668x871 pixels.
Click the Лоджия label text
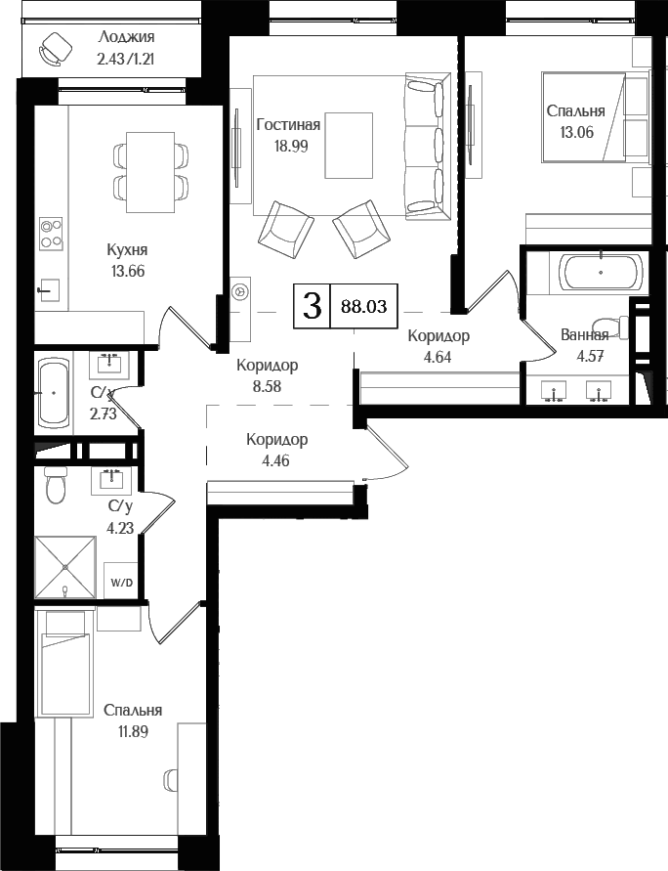click(x=127, y=37)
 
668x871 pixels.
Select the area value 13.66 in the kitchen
click(x=127, y=271)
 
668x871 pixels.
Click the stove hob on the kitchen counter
click(x=51, y=233)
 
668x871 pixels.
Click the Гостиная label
click(x=288, y=125)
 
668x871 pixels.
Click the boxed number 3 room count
click(x=312, y=306)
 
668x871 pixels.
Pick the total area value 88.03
click(x=363, y=306)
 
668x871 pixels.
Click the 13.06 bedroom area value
click(x=575, y=133)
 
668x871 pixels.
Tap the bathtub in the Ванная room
click(x=600, y=271)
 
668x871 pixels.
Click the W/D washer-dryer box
click(x=121, y=583)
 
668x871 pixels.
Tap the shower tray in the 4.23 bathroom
click(x=66, y=567)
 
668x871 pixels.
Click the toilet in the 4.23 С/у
click(x=56, y=484)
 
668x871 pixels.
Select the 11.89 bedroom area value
click(x=132, y=730)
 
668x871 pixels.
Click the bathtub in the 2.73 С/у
click(x=53, y=392)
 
